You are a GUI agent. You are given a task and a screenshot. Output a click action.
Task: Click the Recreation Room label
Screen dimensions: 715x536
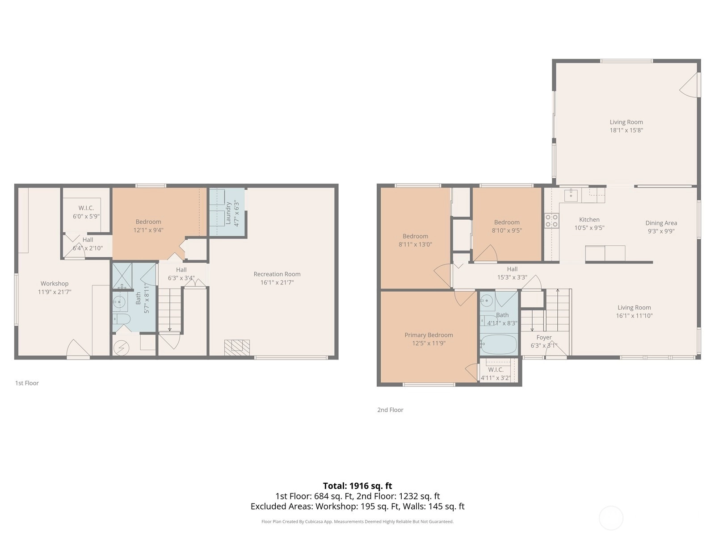(x=277, y=274)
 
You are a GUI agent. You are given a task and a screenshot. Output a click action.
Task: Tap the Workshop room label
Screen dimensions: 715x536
(x=55, y=284)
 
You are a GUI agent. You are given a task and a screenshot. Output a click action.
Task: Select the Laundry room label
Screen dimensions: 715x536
(x=228, y=213)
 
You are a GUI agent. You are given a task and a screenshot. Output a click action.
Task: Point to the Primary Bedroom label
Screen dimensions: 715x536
(x=429, y=335)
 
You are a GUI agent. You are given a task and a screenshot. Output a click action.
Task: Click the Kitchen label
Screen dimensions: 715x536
(x=589, y=220)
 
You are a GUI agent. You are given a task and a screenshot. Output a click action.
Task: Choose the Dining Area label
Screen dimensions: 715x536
(x=661, y=223)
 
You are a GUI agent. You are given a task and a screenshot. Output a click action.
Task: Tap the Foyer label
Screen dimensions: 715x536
(x=544, y=338)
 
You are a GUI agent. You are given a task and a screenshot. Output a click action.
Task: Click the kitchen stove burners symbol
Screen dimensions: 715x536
(x=551, y=220)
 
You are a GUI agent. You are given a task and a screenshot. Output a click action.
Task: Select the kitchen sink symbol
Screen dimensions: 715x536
(x=571, y=195)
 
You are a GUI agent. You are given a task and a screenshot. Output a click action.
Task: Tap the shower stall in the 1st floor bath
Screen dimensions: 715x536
(x=122, y=276)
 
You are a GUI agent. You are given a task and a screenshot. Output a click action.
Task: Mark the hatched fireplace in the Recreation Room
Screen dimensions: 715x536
(x=237, y=348)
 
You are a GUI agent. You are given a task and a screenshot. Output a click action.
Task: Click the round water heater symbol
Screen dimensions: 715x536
(x=121, y=348)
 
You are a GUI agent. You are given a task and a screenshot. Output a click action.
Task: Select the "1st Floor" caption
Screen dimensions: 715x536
(x=27, y=383)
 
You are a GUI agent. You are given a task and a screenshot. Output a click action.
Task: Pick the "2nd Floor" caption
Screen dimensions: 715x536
(x=390, y=410)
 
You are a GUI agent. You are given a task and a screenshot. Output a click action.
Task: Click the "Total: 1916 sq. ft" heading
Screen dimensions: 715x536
(x=357, y=486)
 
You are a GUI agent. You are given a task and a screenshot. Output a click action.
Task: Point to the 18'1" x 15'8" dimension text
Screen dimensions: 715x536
(x=626, y=130)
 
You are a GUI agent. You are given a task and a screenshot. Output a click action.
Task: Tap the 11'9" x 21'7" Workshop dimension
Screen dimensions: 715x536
(x=55, y=292)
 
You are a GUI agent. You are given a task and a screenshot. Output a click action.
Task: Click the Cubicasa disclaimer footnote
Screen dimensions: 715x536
(x=357, y=521)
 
